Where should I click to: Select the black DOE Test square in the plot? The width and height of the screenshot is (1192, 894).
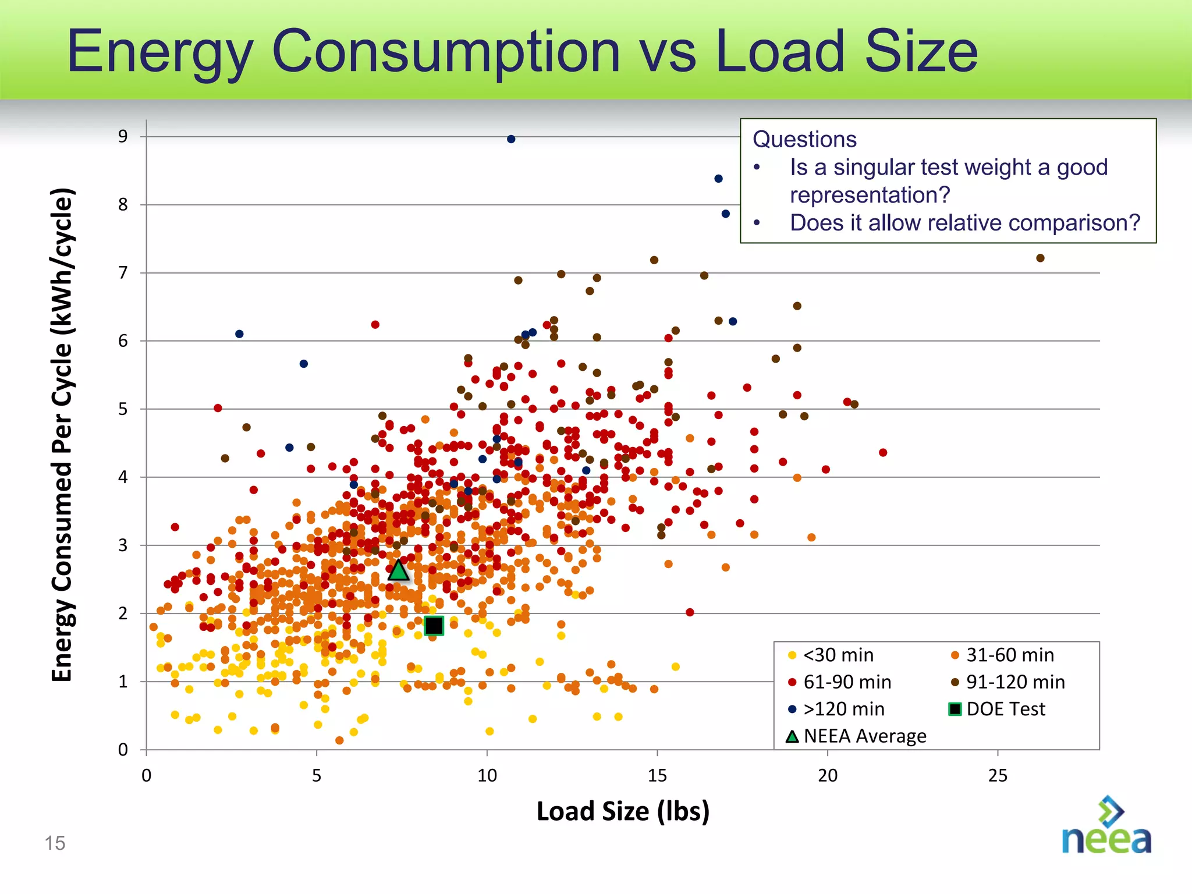pyautogui.click(x=434, y=626)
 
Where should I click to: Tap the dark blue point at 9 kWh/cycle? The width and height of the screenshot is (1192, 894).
pyautogui.click(x=511, y=139)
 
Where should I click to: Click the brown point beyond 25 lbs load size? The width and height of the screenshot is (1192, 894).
pyautogui.click(x=1040, y=258)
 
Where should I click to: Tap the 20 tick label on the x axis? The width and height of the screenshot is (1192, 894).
pyautogui.click(x=828, y=776)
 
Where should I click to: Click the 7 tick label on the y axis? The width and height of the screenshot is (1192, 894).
pyautogui.click(x=123, y=272)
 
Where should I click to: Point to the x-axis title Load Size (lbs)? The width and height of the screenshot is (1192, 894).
pyautogui.click(x=623, y=811)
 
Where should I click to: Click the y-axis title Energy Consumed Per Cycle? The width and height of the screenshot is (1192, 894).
pyautogui.click(x=62, y=434)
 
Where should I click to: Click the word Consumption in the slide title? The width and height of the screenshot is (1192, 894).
pyautogui.click(x=445, y=52)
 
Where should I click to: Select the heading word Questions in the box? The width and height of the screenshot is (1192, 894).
pyautogui.click(x=804, y=140)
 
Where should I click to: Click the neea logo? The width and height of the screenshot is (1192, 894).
pyautogui.click(x=1106, y=826)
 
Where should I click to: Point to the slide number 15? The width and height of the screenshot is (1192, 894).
pyautogui.click(x=55, y=843)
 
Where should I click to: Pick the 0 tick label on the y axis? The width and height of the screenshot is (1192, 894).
pyautogui.click(x=123, y=750)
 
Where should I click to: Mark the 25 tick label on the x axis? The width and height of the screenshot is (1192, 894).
pyautogui.click(x=998, y=776)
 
